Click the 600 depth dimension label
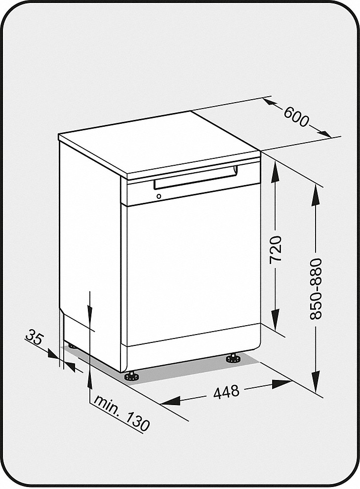point(296,116)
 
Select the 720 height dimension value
point(276,249)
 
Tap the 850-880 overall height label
point(316,289)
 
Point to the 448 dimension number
point(226,392)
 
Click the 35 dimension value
point(34,338)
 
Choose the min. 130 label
point(122,413)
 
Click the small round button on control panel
point(159,196)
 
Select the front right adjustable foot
point(233,358)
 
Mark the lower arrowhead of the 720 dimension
point(275,319)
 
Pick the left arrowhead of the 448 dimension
point(170,401)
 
